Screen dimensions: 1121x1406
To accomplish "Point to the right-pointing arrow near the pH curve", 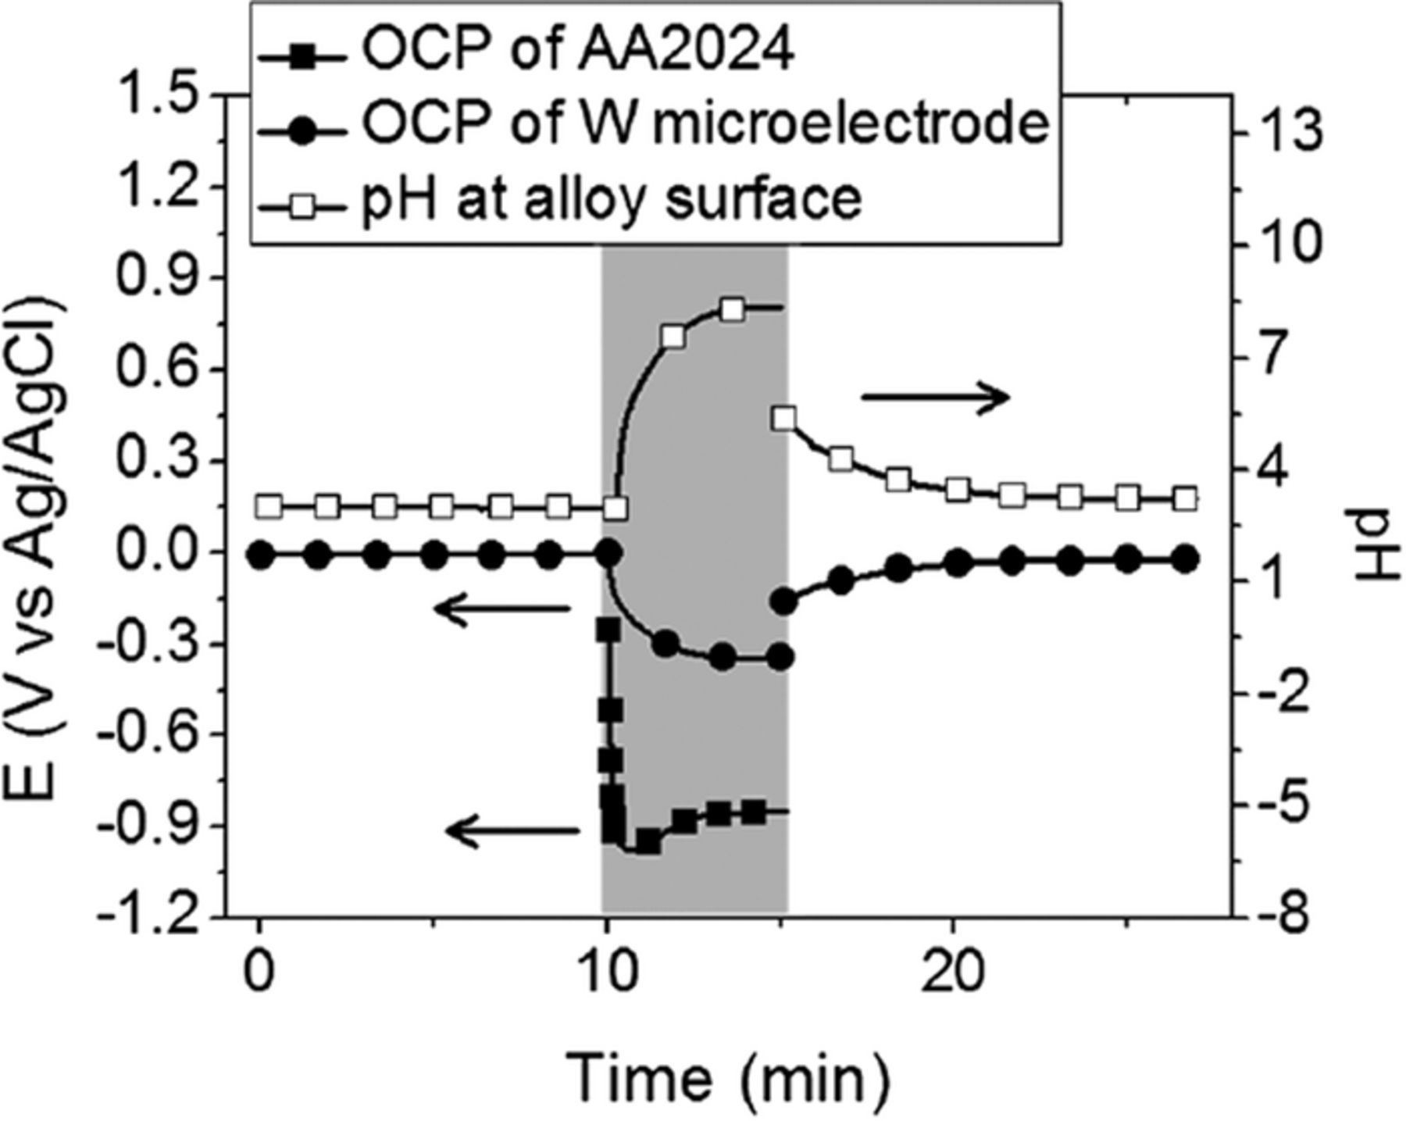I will coord(935,397).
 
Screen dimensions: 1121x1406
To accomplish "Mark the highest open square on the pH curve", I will coord(732,310).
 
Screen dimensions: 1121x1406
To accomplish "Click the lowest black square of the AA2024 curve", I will coord(648,842).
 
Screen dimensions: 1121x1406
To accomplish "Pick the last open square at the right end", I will coord(1185,498).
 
